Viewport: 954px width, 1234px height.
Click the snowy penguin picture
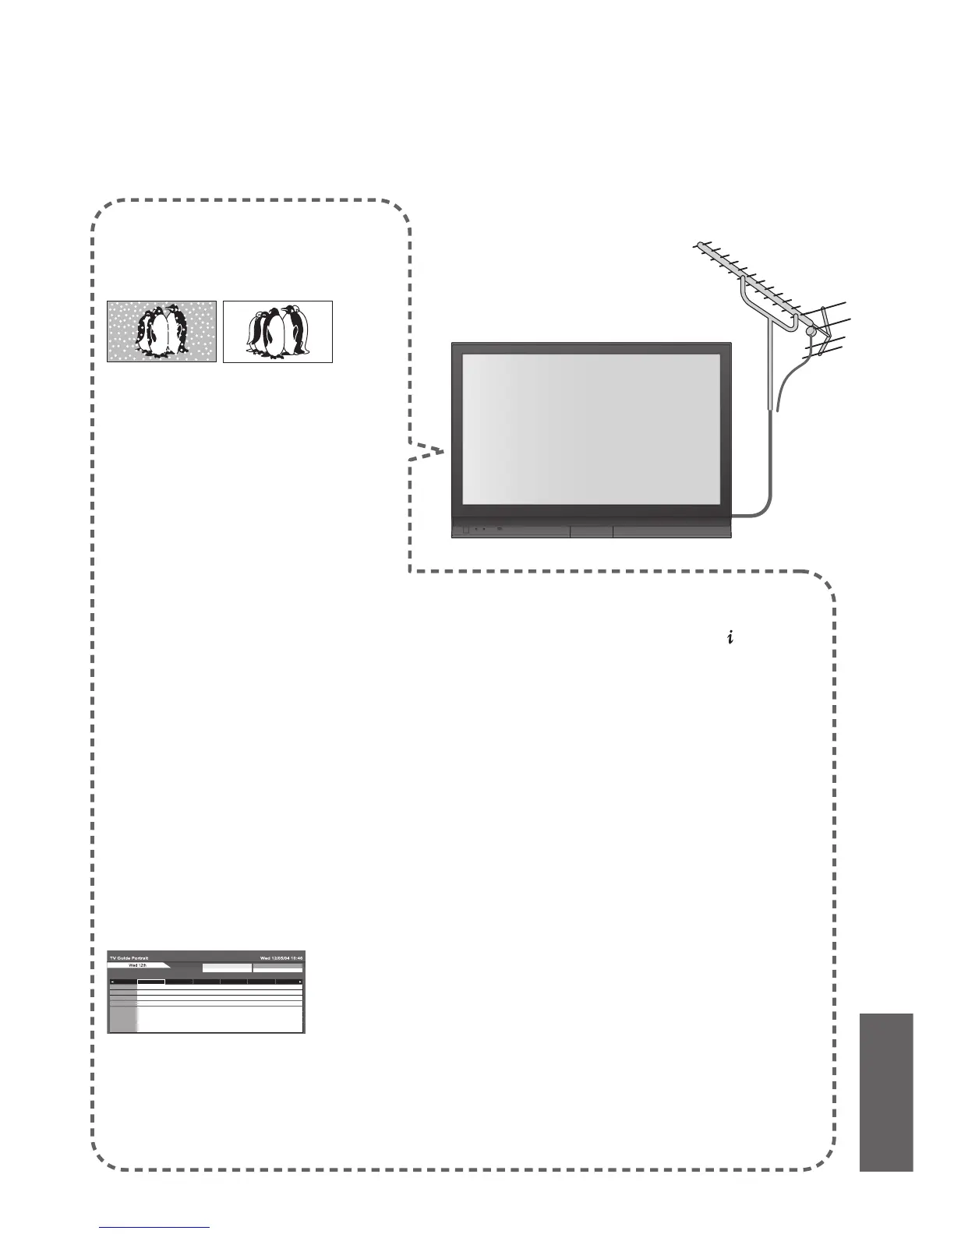point(161,332)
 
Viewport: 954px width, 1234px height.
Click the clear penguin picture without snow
point(277,332)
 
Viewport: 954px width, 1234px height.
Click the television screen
point(591,429)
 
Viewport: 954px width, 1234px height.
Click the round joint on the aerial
point(811,331)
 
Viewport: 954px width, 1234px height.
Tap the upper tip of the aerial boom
point(696,245)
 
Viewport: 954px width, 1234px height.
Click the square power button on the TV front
point(465,530)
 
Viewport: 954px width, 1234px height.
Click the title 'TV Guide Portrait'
point(129,957)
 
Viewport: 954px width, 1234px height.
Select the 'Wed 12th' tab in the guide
point(137,965)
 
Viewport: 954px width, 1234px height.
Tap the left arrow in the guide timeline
point(111,982)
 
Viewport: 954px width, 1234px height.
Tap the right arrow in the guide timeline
point(300,982)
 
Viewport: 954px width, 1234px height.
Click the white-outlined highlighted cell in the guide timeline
point(151,982)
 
